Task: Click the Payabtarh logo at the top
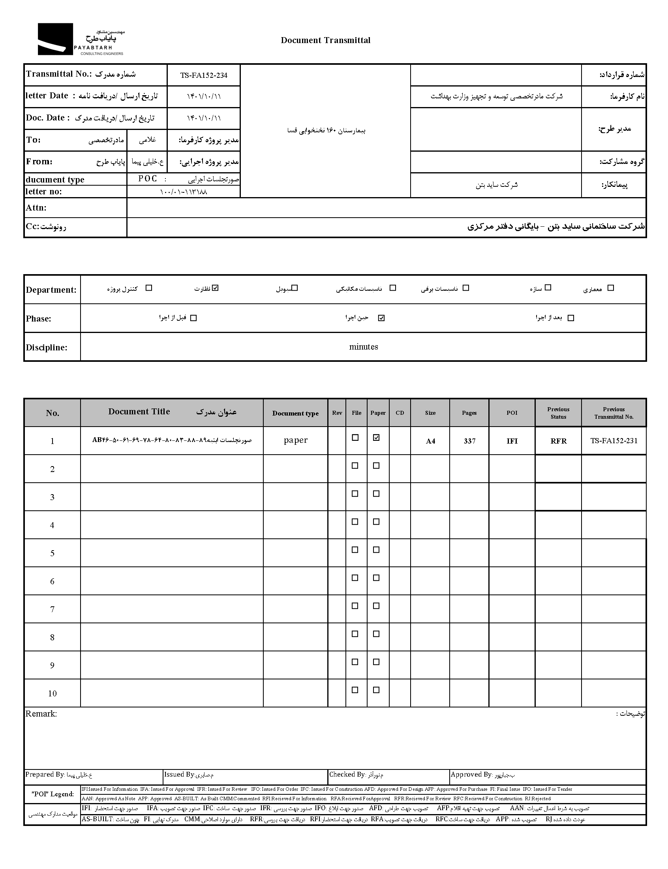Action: coord(81,39)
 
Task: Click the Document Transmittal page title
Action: coord(325,40)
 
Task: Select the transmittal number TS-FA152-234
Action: coord(204,75)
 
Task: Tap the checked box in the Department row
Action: coord(216,288)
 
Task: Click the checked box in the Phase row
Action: coord(381,318)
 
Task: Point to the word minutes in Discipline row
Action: coord(364,347)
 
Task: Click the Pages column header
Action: coord(469,413)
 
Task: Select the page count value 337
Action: coord(469,441)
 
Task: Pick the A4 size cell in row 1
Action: coord(431,441)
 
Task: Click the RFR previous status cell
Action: coord(558,441)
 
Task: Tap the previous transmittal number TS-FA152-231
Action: coord(614,441)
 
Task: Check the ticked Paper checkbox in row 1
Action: coord(376,438)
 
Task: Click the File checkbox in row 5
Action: coord(355,549)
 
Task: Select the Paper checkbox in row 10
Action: coord(376,690)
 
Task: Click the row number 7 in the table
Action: coord(52,609)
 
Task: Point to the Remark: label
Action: coord(41,714)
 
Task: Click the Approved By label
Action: coord(471,775)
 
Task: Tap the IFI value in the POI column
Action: coord(512,441)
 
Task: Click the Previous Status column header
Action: coord(558,413)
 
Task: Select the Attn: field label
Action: coord(36,208)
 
